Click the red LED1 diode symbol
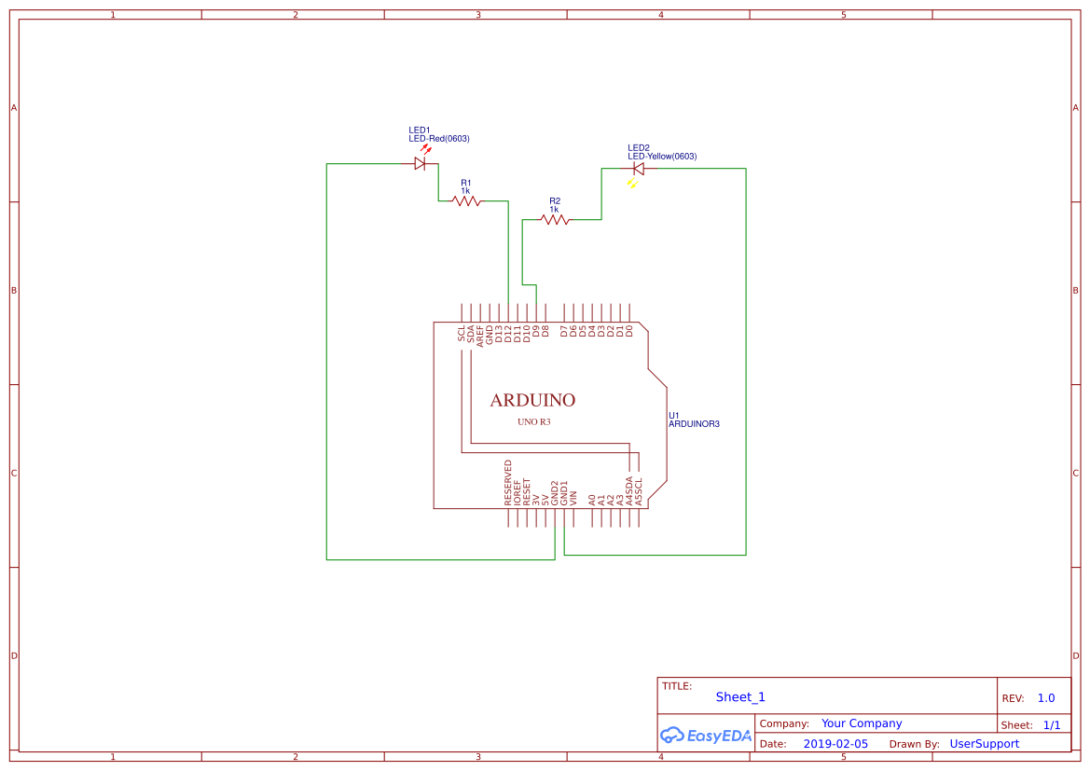point(420,163)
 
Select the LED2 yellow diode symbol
point(639,169)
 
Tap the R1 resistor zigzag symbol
point(466,200)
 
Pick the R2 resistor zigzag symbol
point(555,220)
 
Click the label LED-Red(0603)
point(439,139)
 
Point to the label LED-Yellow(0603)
point(662,157)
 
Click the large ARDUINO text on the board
point(532,400)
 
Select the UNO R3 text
point(534,422)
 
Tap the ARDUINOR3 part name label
point(694,424)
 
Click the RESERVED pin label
point(508,483)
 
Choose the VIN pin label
point(573,498)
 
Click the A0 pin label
point(592,500)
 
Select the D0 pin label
point(629,330)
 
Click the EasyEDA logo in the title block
point(706,736)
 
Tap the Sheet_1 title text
point(740,696)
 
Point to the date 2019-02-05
point(835,744)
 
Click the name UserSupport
point(984,744)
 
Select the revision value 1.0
point(1046,698)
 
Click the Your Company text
point(862,723)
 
